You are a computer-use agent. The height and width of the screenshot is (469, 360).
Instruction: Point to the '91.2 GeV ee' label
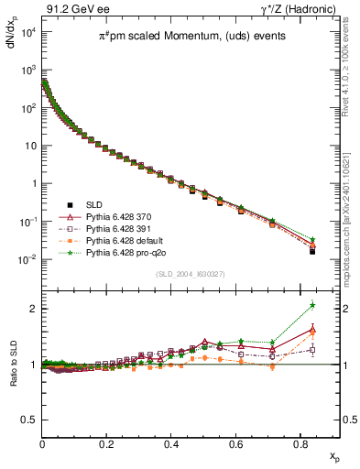point(71,9)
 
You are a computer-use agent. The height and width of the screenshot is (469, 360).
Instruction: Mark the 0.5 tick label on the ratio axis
point(28,420)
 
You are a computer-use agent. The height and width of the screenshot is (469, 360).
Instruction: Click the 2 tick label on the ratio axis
point(33,309)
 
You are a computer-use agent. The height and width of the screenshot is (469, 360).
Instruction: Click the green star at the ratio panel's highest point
point(312,305)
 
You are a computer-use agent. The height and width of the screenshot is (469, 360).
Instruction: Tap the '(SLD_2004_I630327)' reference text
point(188,274)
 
